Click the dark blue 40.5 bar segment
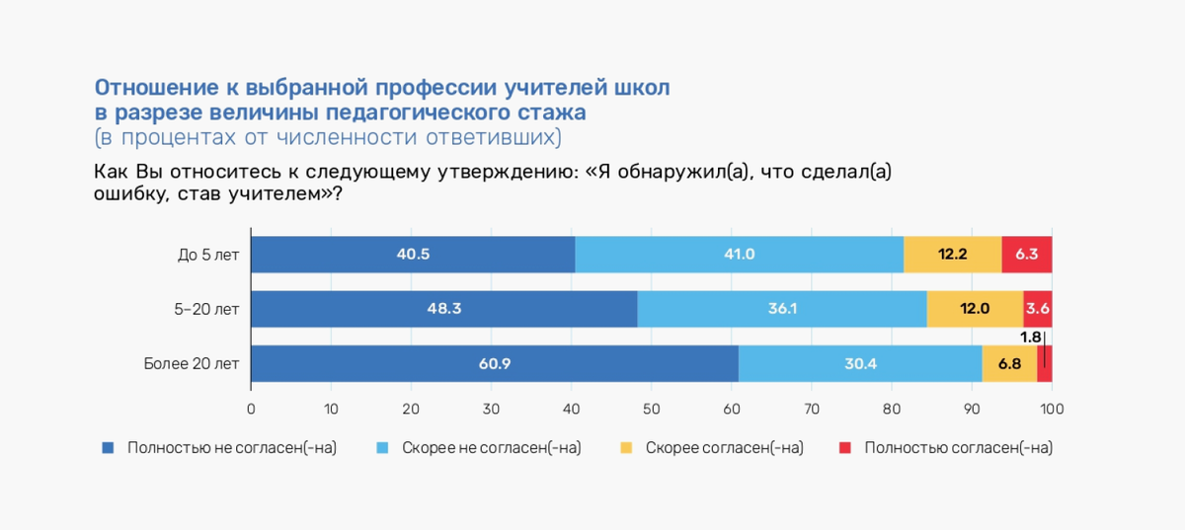[x=413, y=255]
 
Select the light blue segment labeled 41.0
[x=739, y=255]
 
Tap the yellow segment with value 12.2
[x=952, y=255]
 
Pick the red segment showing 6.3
[x=1027, y=255]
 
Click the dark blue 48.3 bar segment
[x=444, y=309]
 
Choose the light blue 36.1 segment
[x=782, y=309]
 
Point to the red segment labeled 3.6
[x=1038, y=309]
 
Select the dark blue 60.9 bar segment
[x=495, y=364]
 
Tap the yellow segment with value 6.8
[x=1009, y=364]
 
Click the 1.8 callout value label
[x=1030, y=338]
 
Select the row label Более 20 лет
[x=192, y=364]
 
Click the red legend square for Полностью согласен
[x=844, y=448]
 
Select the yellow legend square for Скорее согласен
[x=626, y=448]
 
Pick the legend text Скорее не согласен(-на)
[x=491, y=448]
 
